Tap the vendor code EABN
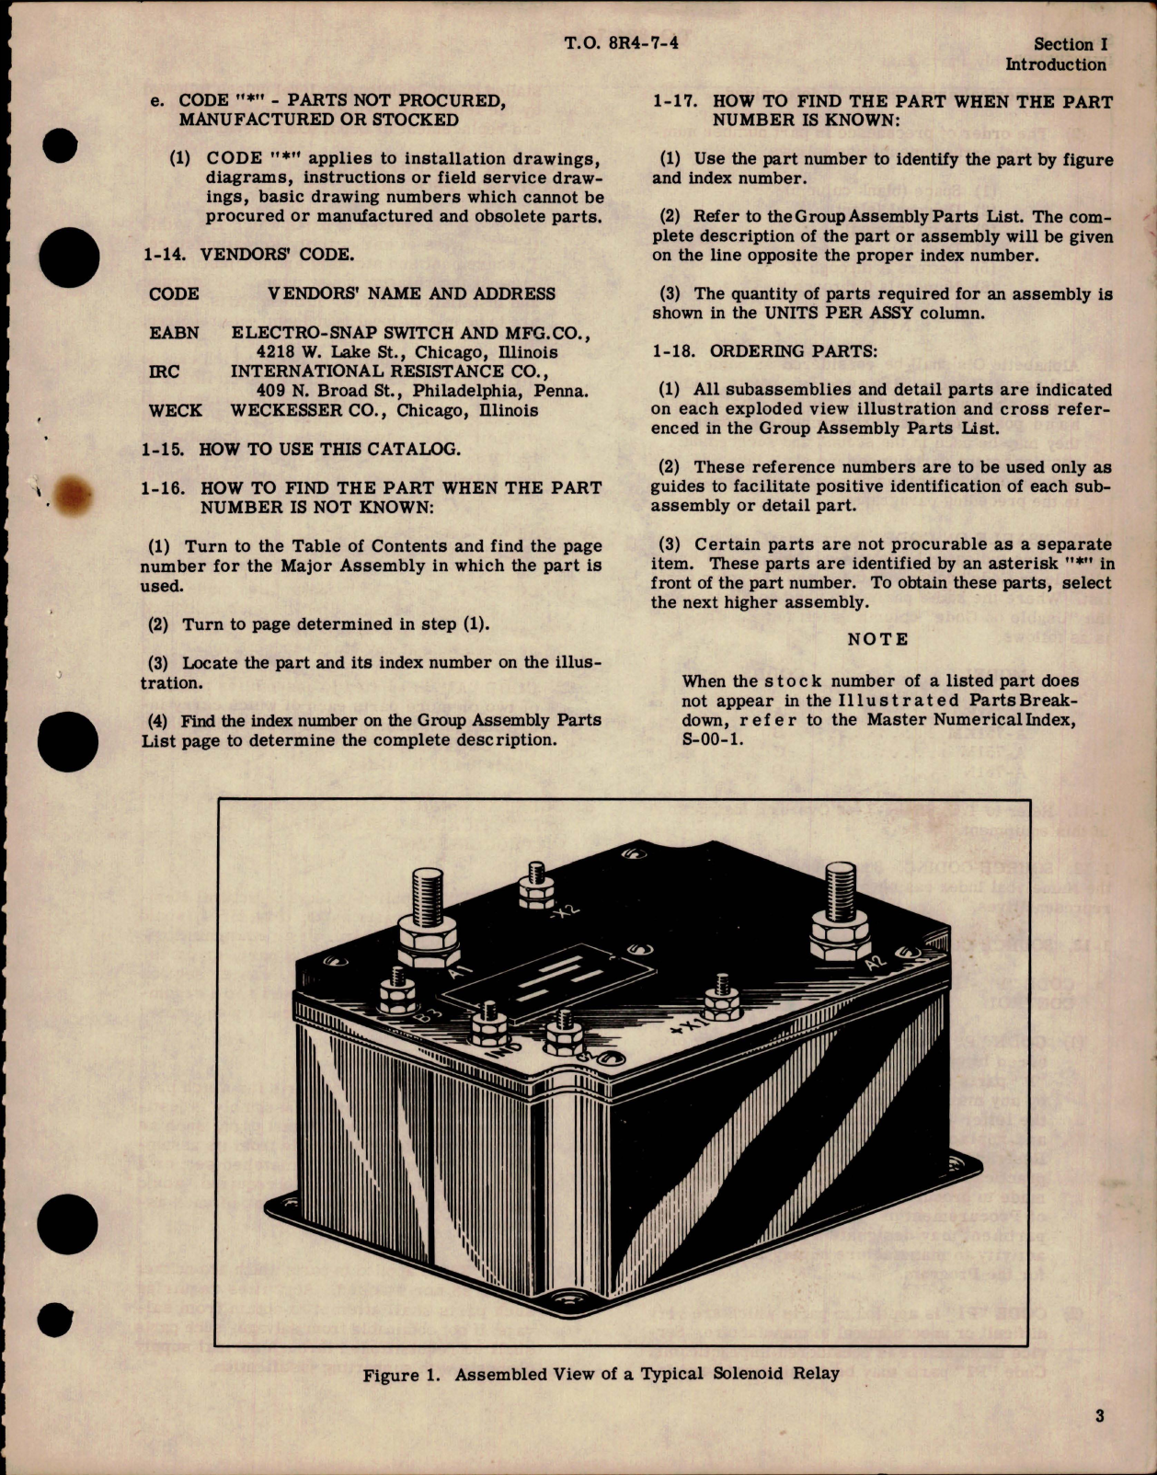(x=174, y=333)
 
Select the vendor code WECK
(x=175, y=410)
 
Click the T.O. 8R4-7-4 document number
(x=622, y=42)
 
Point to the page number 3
(x=1100, y=1416)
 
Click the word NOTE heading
(x=877, y=639)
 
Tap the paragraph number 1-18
(x=676, y=351)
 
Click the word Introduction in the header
(x=1055, y=64)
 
